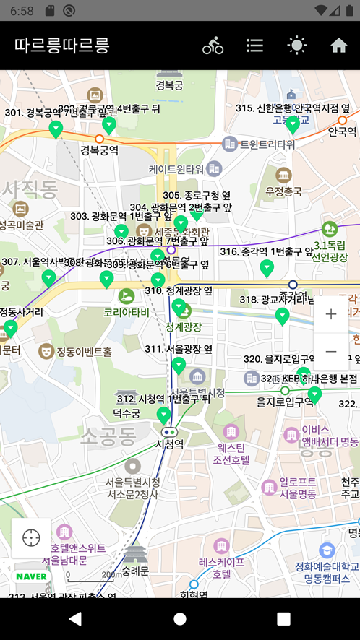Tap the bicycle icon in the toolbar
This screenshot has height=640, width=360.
click(x=213, y=46)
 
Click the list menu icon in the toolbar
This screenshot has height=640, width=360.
click(x=254, y=46)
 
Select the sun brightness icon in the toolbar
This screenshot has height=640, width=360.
click(x=296, y=46)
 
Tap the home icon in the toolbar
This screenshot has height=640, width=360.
click(x=339, y=46)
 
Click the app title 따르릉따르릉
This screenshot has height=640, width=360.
click(x=61, y=46)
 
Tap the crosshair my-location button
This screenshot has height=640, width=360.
click(x=31, y=538)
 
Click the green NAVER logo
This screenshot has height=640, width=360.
click(x=31, y=576)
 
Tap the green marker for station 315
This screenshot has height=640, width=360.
click(x=293, y=125)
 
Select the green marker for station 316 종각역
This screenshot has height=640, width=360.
click(x=267, y=268)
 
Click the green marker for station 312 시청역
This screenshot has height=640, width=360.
click(x=164, y=415)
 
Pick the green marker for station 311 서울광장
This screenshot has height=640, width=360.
click(x=179, y=366)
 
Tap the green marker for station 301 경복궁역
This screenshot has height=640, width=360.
click(x=56, y=129)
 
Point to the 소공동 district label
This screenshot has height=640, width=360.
click(x=108, y=436)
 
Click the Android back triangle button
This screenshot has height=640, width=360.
click(x=75, y=619)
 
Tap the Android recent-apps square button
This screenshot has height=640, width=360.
click(x=283, y=619)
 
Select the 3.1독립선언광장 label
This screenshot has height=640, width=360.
click(x=330, y=251)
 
